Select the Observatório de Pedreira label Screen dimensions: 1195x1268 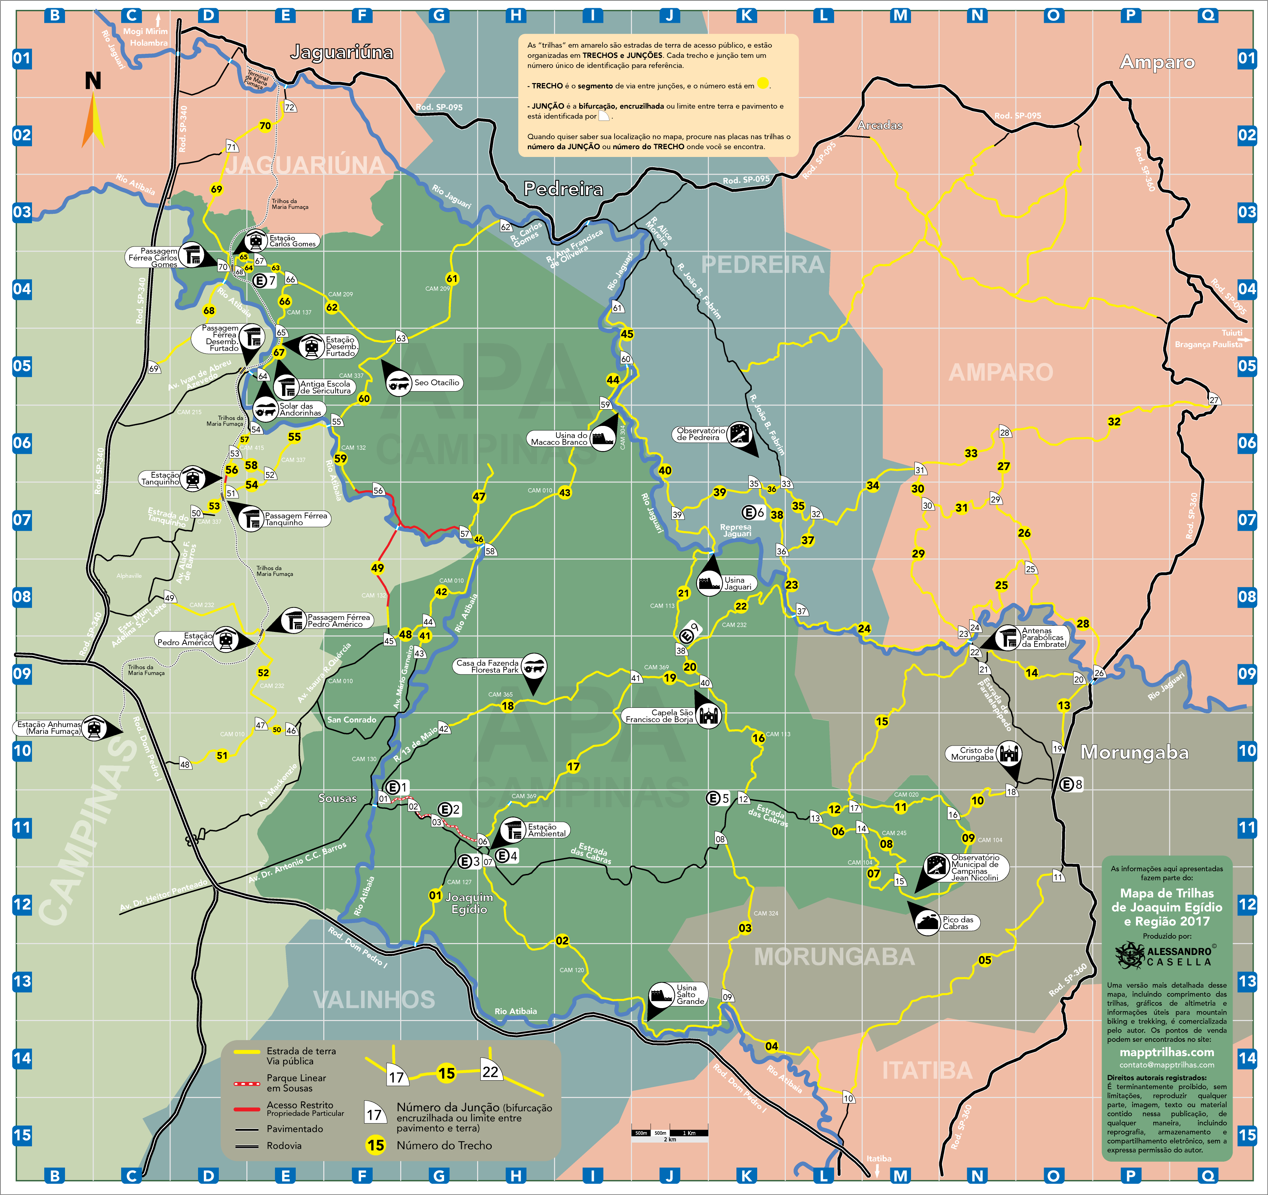pos(701,434)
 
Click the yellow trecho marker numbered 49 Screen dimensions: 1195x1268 pos(378,568)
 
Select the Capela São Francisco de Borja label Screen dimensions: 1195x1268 pos(660,716)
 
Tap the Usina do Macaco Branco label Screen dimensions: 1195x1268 pos(559,438)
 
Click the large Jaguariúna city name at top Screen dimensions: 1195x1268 pos(342,52)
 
